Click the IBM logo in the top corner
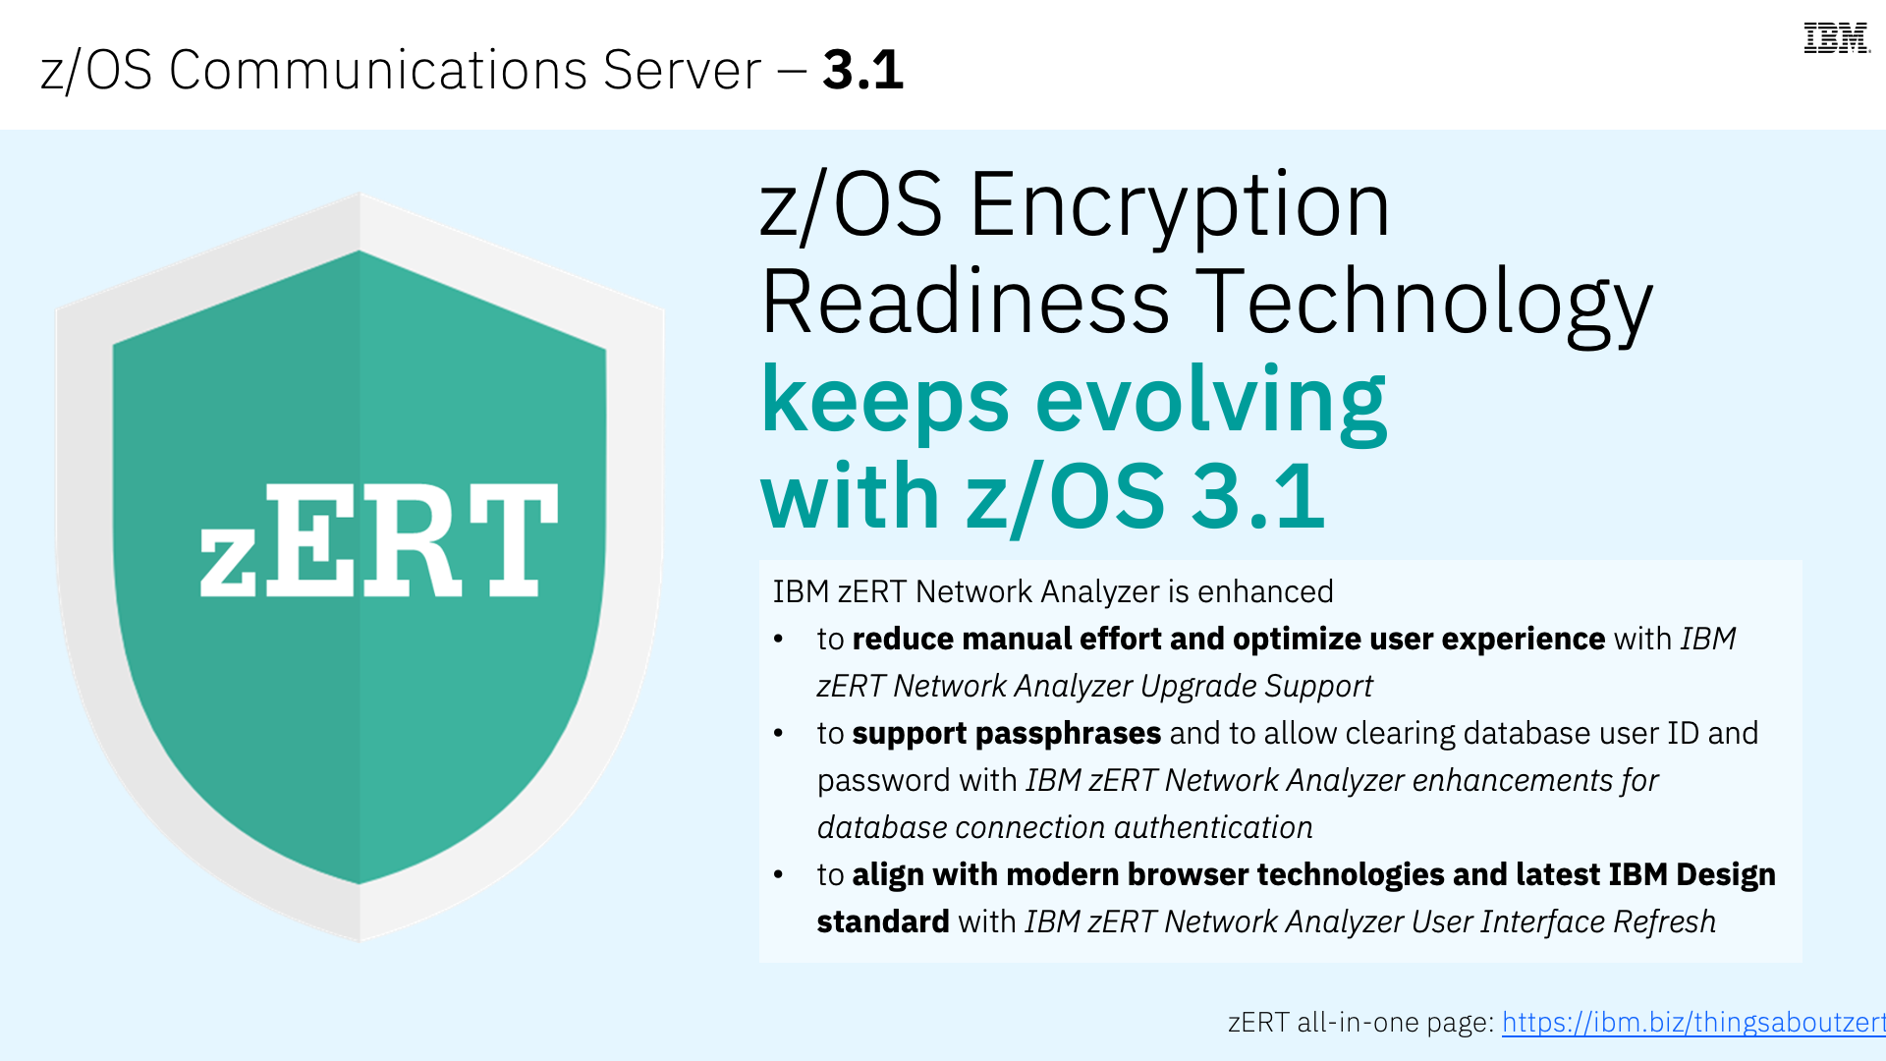pos(1837,38)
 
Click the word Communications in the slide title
pos(378,70)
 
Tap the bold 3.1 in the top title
pos(863,70)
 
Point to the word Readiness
pos(966,302)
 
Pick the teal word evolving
pos(1211,404)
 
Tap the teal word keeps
pos(885,404)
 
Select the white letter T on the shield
pos(512,539)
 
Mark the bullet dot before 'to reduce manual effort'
pos(778,640)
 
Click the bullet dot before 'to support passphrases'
pos(778,734)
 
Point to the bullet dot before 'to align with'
pos(778,875)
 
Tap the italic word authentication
pos(1213,827)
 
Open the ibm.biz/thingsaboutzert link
pos(1693,1023)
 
